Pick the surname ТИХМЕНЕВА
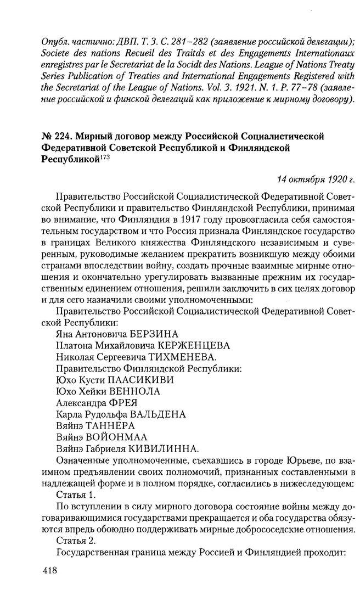[181, 357]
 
